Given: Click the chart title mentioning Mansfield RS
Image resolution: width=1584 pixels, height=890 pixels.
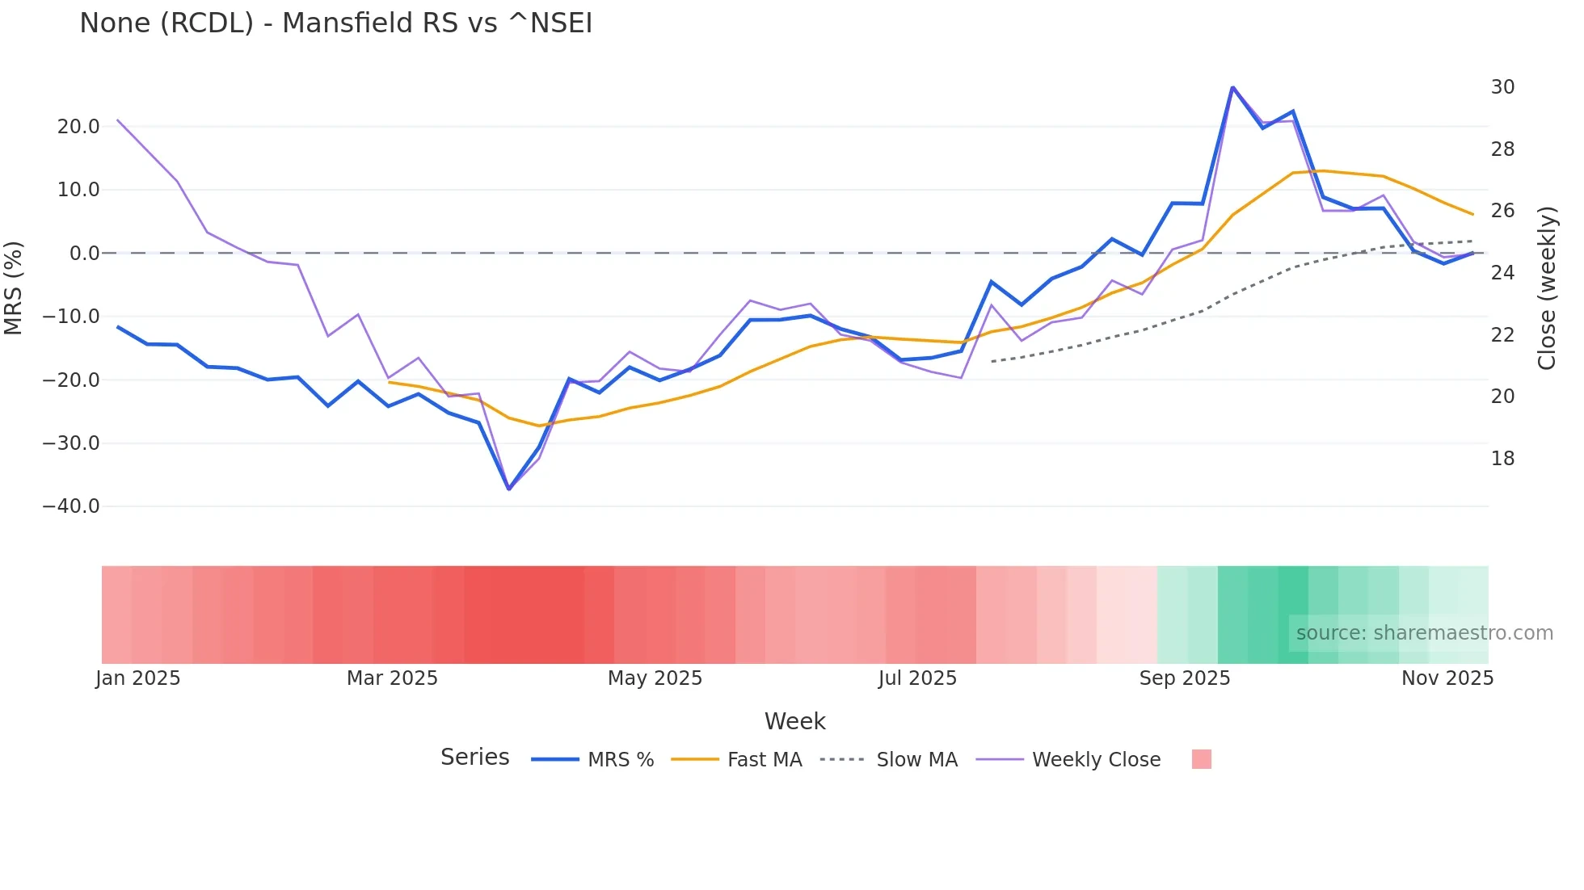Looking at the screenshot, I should pos(335,23).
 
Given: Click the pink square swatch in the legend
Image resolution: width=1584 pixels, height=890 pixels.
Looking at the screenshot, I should pos(1201,759).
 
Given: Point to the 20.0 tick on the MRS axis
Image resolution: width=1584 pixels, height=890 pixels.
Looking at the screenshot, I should pos(78,127).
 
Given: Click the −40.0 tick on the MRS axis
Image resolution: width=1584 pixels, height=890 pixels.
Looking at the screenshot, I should pos(71,506).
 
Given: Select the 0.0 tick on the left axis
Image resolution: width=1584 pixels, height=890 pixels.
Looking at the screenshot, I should pos(85,254).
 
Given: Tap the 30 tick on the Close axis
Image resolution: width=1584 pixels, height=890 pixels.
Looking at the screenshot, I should pos(1502,87).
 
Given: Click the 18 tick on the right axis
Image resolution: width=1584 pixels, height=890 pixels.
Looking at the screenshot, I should pos(1502,459).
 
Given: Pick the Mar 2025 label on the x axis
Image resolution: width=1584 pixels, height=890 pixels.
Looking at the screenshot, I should pos(392,678).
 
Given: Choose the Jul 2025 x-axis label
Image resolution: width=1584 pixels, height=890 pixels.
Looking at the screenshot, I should pos(917,678).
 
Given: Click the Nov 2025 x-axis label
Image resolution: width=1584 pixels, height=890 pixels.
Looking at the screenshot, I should pos(1447,678).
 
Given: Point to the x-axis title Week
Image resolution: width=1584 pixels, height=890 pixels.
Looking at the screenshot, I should pos(794,721).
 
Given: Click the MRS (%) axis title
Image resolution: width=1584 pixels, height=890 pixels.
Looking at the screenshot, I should pos(14,288).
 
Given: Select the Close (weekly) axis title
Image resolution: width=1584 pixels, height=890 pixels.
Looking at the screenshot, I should pos(1547,288).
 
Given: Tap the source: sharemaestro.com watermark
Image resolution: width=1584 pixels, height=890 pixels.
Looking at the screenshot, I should pos(1424,633).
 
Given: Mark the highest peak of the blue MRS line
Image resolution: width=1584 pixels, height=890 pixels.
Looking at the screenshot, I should pos(1232,87).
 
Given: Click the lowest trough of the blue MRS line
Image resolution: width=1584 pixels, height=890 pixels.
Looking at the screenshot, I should pos(509,489).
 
